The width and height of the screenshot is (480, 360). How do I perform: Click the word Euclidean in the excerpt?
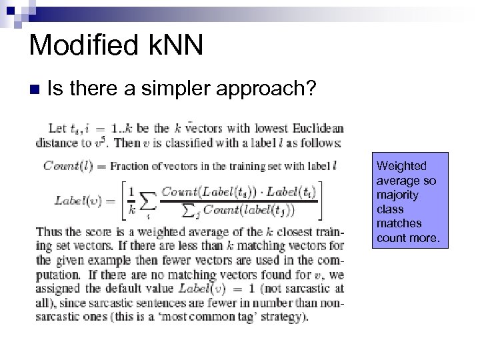[x=319, y=129]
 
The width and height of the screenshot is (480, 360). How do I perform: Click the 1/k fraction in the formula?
[x=131, y=199]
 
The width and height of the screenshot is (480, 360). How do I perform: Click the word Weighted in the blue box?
[x=401, y=165]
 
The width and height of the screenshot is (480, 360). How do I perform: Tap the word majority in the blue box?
[x=397, y=195]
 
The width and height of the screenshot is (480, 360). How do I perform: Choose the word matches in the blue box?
[x=399, y=224]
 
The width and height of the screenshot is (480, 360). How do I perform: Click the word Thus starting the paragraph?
[x=48, y=232]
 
